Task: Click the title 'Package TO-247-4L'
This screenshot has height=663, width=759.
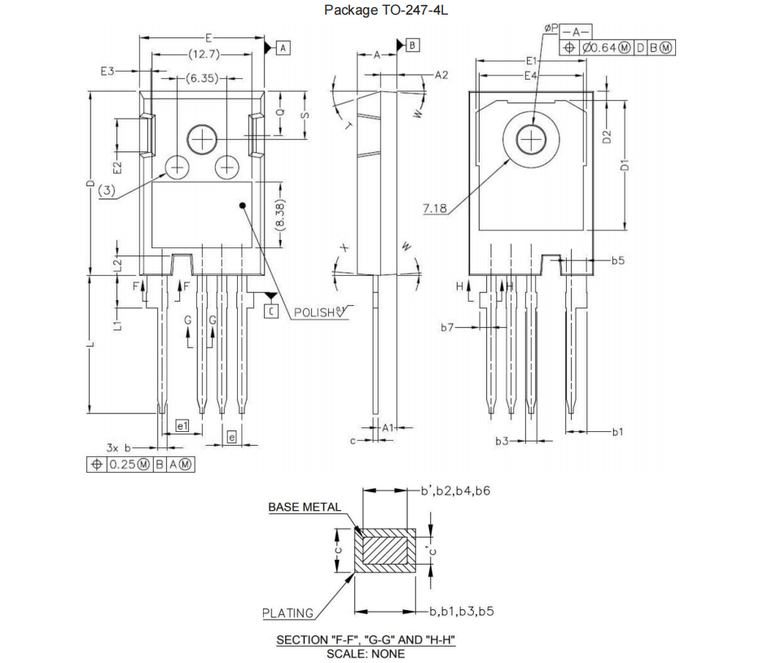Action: point(379,10)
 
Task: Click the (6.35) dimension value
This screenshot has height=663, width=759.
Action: point(201,79)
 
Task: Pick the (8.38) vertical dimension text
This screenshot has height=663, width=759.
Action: point(280,214)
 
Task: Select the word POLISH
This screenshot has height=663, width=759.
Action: point(314,312)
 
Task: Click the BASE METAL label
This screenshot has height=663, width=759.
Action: point(305,507)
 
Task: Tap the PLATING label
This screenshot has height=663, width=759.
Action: point(287,613)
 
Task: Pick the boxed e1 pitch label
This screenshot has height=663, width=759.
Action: point(182,425)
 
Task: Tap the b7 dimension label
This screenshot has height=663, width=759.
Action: point(447,327)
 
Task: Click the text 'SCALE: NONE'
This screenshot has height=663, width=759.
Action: point(366,653)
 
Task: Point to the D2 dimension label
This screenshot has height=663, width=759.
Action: point(607,136)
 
